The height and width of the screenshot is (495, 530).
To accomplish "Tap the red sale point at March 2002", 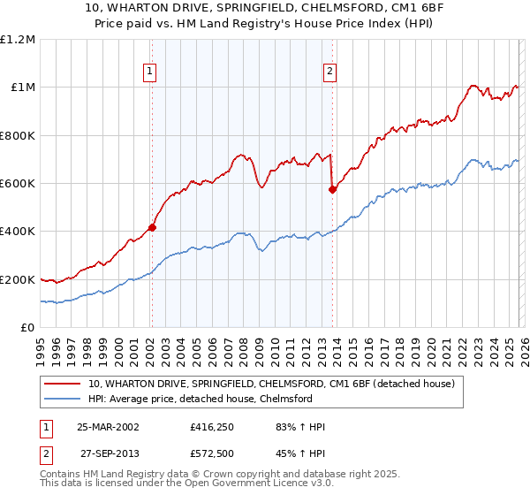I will [152, 227].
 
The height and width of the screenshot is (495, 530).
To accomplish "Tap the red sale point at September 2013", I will [332, 189].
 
